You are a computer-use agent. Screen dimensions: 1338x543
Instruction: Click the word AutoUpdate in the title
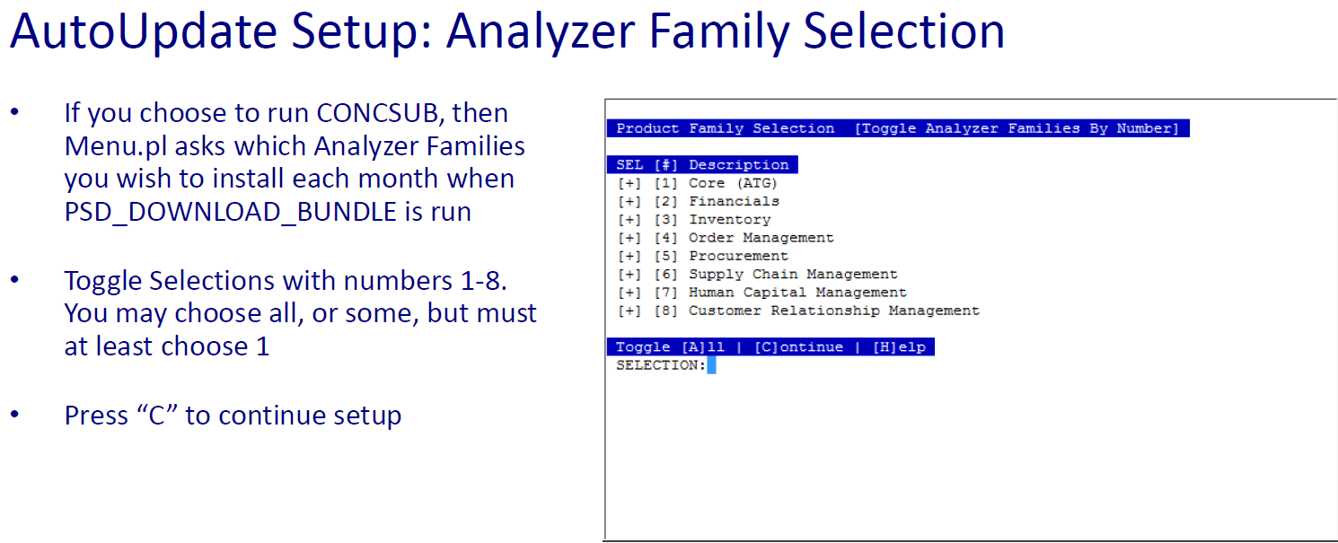click(144, 32)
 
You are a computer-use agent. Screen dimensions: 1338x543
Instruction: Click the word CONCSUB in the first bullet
click(380, 113)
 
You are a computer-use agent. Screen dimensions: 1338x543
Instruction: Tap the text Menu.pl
click(115, 147)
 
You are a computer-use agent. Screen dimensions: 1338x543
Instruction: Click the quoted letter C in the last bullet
click(157, 416)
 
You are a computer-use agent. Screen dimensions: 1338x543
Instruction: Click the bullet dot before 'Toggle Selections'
click(15, 279)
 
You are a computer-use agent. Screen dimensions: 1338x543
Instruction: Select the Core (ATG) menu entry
click(733, 183)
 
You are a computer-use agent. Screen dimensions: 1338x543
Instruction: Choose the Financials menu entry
click(735, 201)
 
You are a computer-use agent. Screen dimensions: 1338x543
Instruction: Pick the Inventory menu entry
click(730, 220)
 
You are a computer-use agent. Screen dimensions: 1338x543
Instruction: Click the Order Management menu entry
click(761, 238)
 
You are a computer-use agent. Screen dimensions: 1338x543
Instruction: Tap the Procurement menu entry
click(739, 256)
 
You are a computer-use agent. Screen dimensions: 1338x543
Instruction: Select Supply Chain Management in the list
click(793, 274)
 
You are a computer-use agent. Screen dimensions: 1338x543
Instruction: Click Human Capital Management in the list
click(797, 293)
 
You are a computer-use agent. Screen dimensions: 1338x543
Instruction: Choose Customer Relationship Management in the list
click(834, 311)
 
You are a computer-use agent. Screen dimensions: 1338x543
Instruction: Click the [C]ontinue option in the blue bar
click(798, 346)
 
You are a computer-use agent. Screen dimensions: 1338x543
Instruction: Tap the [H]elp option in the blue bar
click(899, 346)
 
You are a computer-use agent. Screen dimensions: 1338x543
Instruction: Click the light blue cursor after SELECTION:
click(711, 365)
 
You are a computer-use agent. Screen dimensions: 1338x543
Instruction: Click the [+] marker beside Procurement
click(629, 256)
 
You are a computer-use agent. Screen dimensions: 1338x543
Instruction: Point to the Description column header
click(739, 164)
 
